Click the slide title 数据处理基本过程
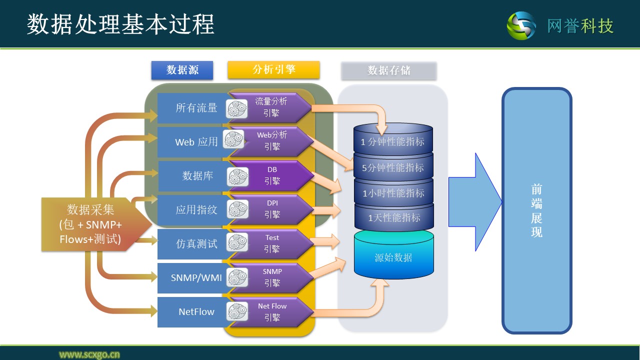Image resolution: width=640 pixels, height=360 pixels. pos(120,24)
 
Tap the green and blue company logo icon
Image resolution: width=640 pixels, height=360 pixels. pos(521,25)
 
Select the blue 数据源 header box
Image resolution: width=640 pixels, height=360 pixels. pos(182,70)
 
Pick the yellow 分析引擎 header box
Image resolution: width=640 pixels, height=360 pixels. pos(273,69)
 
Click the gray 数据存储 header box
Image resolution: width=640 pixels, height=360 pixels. pos(388,70)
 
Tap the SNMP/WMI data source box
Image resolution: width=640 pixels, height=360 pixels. pos(192,278)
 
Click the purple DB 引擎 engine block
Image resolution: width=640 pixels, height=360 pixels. pos(272,176)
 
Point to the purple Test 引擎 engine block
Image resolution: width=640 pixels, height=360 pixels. pos(272,244)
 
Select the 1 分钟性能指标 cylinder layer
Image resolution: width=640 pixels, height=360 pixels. pos(393,142)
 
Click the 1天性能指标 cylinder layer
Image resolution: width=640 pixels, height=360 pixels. pos(394,218)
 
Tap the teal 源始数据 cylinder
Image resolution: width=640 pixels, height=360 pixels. pos(393,257)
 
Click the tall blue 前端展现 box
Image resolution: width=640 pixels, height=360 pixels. pos(536,210)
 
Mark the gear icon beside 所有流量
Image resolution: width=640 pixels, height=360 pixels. pos(237,108)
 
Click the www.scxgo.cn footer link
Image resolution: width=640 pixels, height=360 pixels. pos(89,354)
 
